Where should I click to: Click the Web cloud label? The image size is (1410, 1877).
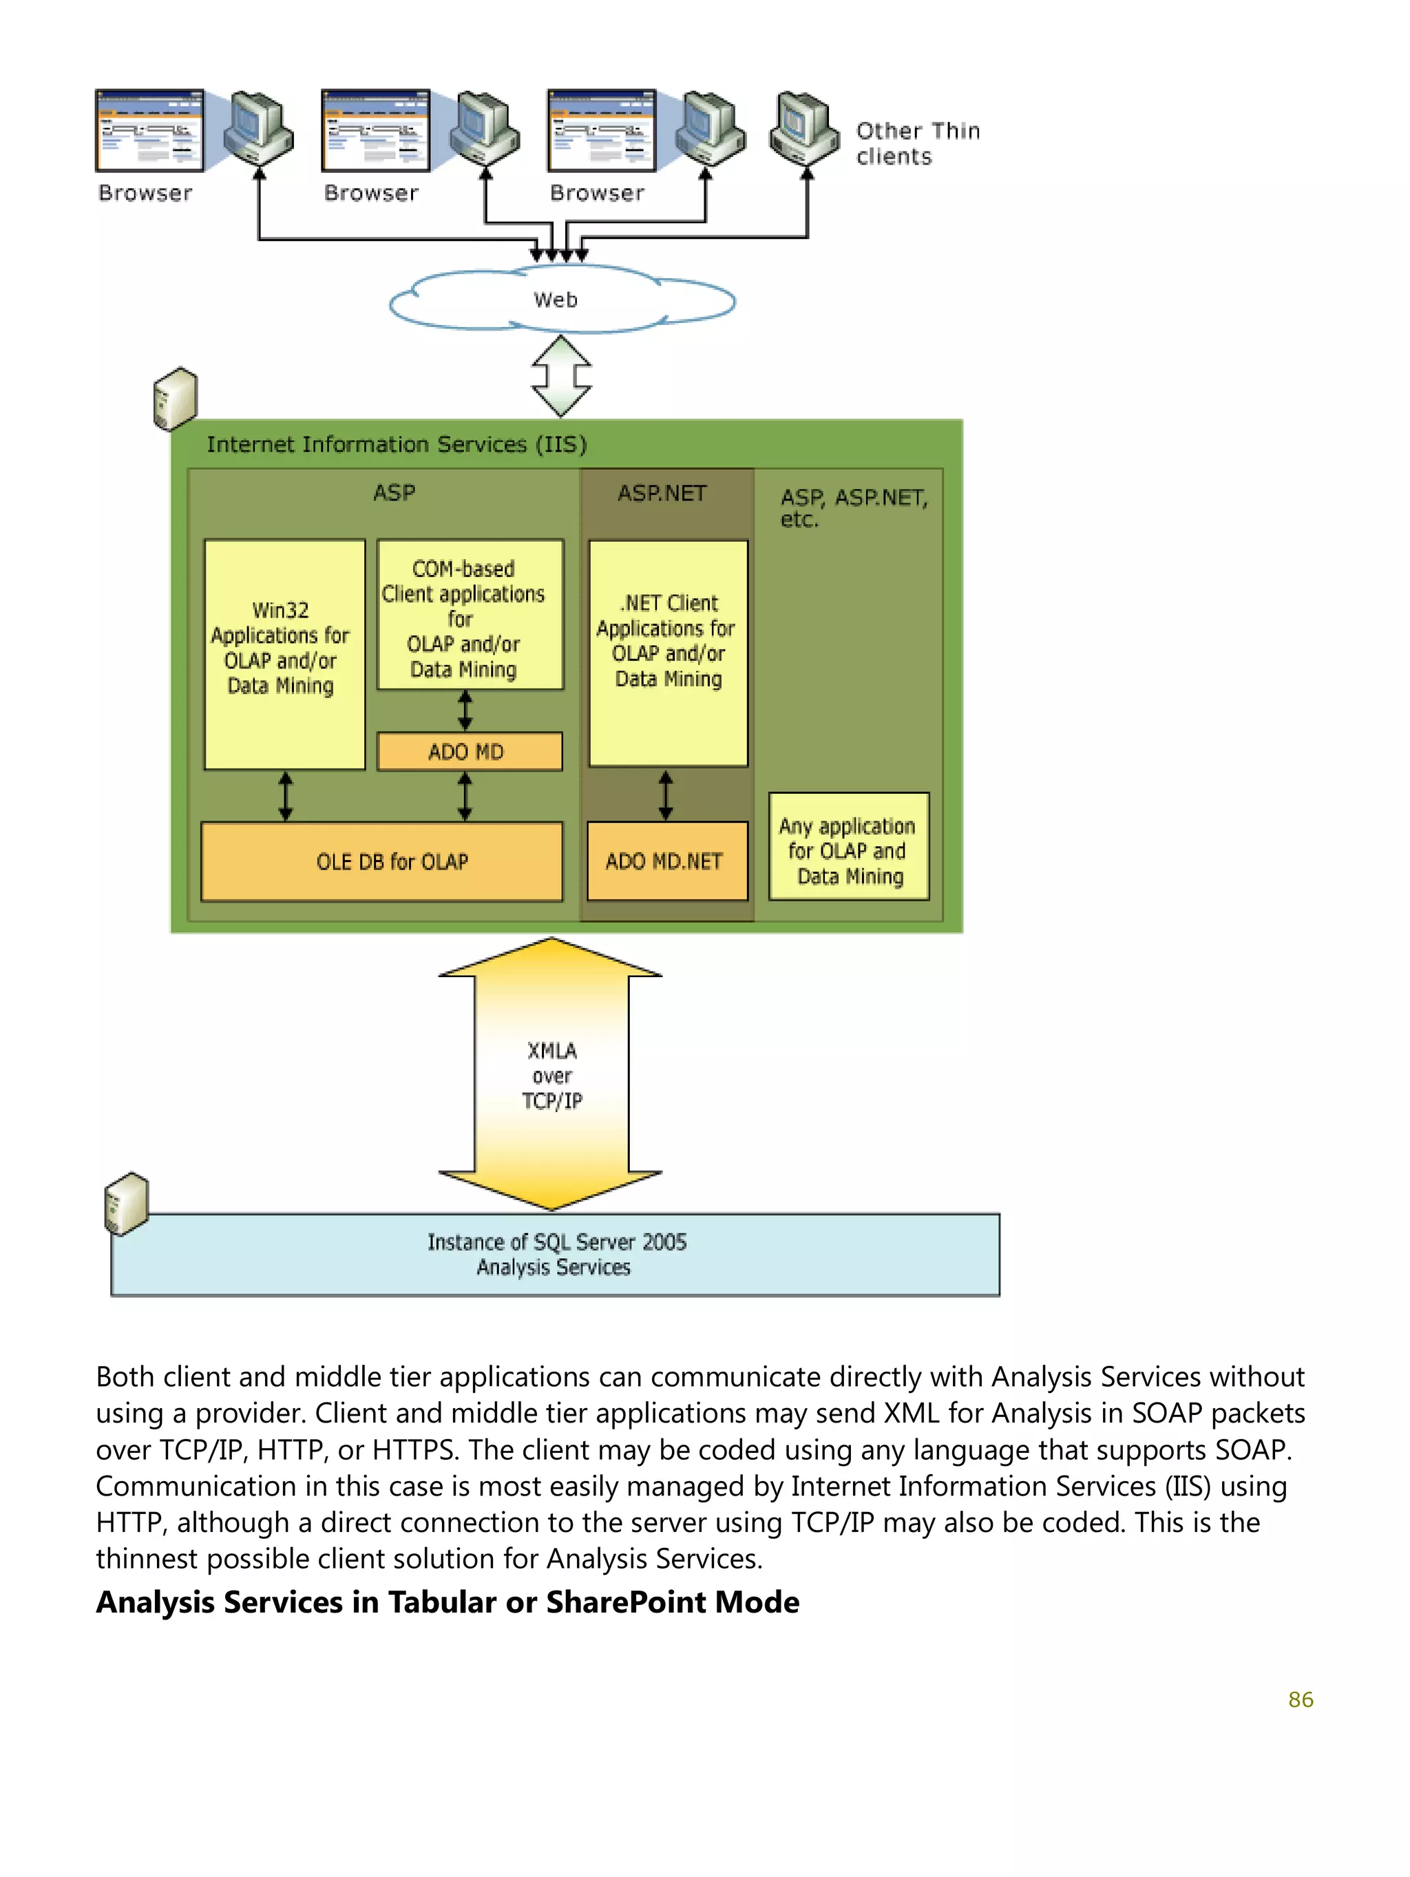[x=555, y=300]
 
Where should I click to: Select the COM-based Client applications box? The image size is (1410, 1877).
[x=469, y=615]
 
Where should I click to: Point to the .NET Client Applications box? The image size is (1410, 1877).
[x=668, y=653]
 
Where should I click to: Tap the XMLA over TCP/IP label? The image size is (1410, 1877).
[x=551, y=1075]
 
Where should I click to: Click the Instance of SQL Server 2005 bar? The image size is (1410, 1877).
[x=555, y=1254]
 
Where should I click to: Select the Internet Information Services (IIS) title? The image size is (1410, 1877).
[x=396, y=445]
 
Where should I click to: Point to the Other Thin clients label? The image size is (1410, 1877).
[x=916, y=143]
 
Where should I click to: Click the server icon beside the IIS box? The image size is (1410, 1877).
[x=175, y=399]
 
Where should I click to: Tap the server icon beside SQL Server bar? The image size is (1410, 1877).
[x=125, y=1203]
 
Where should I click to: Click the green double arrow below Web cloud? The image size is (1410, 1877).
[x=561, y=376]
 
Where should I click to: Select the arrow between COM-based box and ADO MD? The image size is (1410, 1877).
[x=465, y=710]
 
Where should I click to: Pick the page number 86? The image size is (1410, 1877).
[x=1300, y=1699]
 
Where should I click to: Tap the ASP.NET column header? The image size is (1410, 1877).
[x=661, y=493]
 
